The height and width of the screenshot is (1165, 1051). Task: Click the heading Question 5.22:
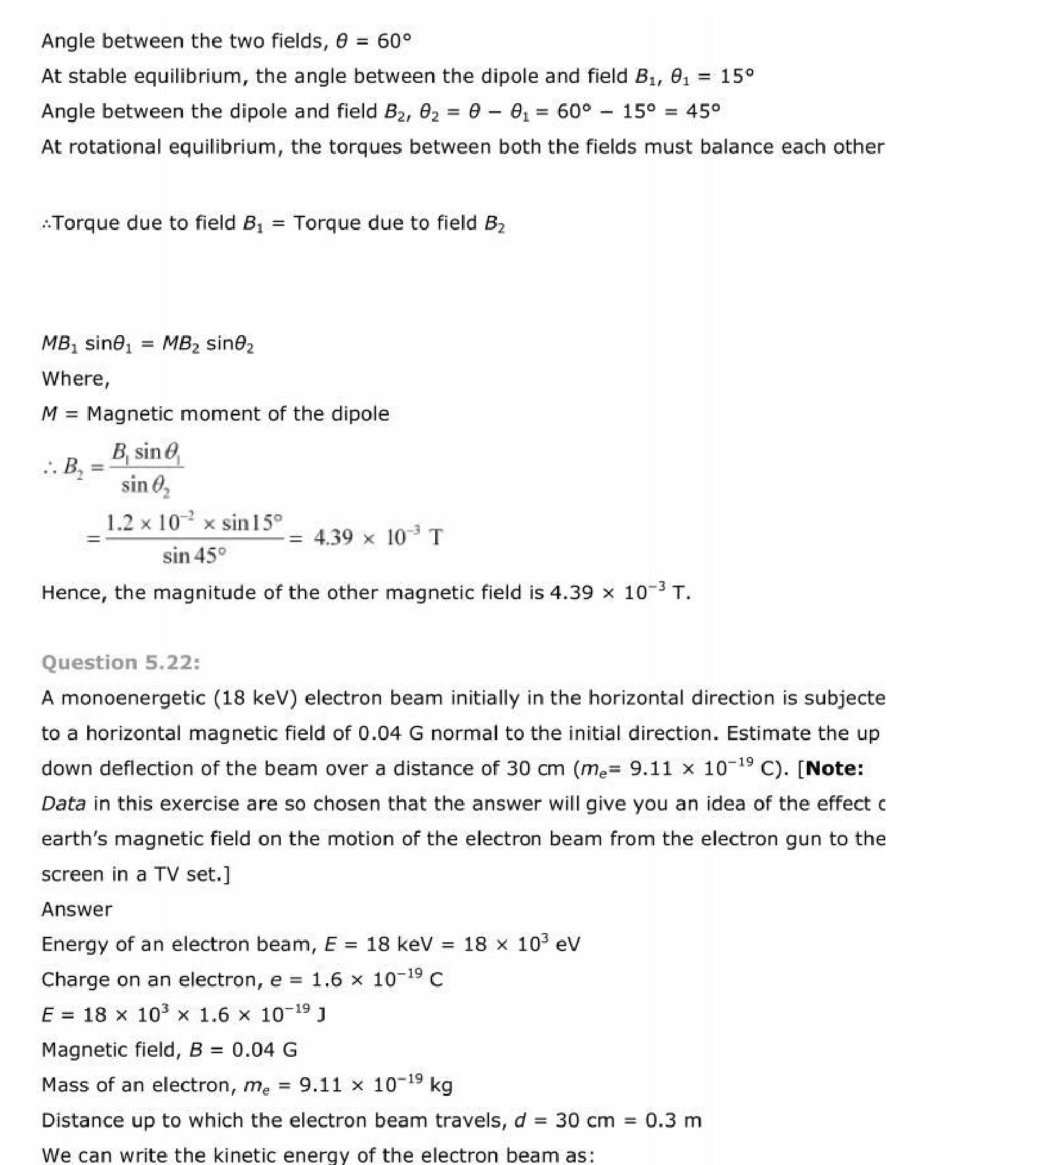(x=121, y=662)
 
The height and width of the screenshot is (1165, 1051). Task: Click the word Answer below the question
(x=77, y=909)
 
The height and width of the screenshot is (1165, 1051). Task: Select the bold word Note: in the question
(x=835, y=768)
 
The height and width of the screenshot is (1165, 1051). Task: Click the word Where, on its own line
(x=75, y=378)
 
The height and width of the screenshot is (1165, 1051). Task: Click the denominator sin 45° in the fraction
(x=194, y=556)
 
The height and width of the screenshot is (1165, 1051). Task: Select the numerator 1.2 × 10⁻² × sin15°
(x=194, y=523)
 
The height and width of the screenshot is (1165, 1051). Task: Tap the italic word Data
(x=64, y=803)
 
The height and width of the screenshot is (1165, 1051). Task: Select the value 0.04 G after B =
(x=265, y=1049)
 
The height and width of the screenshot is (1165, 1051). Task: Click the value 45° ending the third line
(x=703, y=111)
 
